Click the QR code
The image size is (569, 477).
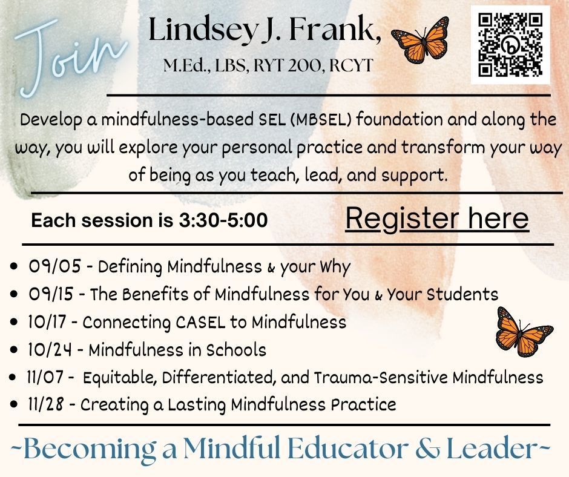pos(510,45)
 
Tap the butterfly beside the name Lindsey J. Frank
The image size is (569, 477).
pos(420,40)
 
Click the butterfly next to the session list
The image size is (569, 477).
pos(524,332)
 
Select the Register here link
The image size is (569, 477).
pos(437,219)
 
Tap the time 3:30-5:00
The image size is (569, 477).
pos(223,220)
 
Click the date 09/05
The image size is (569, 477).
pos(55,266)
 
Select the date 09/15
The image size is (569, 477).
pos(51,294)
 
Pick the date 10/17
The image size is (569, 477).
pos(48,322)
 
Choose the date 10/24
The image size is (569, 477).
pos(50,350)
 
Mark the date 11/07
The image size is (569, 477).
pos(45,378)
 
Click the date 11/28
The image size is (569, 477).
pos(46,404)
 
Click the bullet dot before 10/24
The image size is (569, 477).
pos(14,350)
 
